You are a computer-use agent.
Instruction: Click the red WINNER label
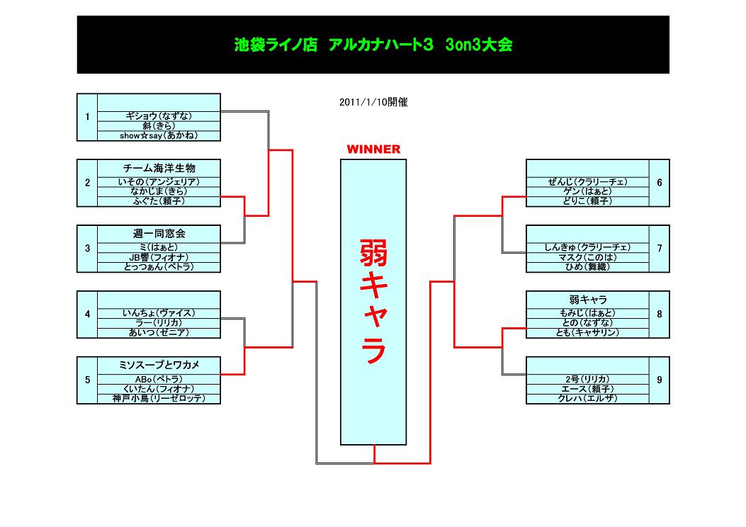click(x=373, y=149)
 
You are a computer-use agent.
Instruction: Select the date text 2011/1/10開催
click(x=373, y=102)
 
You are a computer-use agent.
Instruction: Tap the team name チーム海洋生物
click(x=159, y=168)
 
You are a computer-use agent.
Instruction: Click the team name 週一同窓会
click(x=159, y=233)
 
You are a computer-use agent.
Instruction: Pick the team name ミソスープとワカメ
click(x=159, y=365)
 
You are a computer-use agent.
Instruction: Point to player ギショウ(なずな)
click(x=159, y=116)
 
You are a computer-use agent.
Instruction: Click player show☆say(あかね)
click(x=159, y=135)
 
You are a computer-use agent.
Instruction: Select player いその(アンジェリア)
click(x=159, y=182)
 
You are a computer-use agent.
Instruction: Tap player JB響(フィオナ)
click(x=159, y=257)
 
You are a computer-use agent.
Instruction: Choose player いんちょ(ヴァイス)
click(x=159, y=312)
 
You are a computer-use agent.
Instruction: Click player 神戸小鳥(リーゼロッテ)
click(x=159, y=399)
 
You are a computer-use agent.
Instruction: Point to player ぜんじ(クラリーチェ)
click(x=588, y=182)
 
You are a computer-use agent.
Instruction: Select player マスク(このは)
click(x=588, y=257)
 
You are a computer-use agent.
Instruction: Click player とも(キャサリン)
click(x=588, y=332)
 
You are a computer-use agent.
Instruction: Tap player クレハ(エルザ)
click(x=588, y=399)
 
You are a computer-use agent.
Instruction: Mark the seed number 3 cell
click(x=87, y=248)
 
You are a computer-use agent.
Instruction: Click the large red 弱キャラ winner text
click(x=373, y=302)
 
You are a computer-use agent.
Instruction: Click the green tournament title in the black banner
click(x=373, y=45)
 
